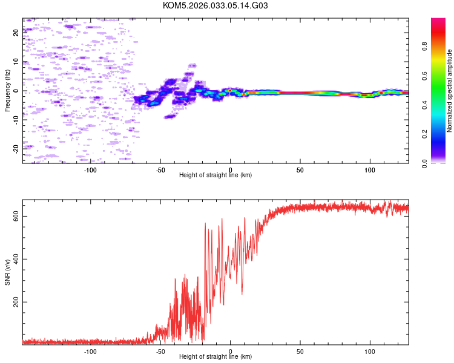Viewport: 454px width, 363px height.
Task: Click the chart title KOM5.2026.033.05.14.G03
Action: pyautogui.click(x=215, y=5)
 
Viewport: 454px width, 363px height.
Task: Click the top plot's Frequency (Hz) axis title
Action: pyautogui.click(x=7, y=91)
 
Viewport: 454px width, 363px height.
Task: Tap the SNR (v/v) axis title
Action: pyautogui.click(x=7, y=272)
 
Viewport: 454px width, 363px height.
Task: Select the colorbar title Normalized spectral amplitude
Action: pyautogui.click(x=450, y=91)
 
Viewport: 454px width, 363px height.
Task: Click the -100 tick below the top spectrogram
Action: pyautogui.click(x=90, y=169)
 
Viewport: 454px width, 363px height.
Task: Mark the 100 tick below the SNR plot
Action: pyautogui.click(x=370, y=351)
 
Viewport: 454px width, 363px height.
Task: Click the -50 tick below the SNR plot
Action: pyautogui.click(x=160, y=351)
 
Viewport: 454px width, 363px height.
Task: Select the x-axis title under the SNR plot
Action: pyautogui.click(x=215, y=357)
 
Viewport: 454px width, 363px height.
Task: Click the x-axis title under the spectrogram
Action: pyautogui.click(x=215, y=175)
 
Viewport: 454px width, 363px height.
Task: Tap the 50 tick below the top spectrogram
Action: pyautogui.click(x=300, y=169)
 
